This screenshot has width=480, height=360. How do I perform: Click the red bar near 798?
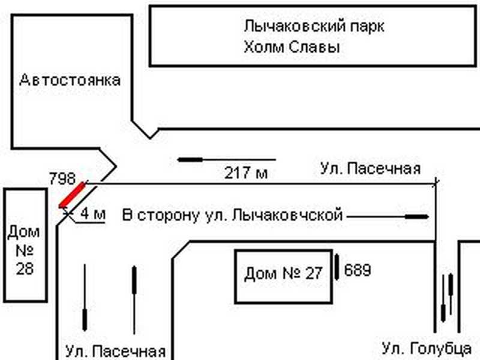click(x=71, y=196)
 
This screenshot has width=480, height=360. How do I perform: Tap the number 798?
click(x=62, y=178)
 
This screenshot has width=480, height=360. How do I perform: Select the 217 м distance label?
click(x=246, y=174)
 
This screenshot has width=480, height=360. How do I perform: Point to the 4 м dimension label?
click(x=92, y=214)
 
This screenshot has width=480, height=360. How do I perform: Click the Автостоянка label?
click(x=70, y=80)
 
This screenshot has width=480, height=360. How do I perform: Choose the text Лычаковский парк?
click(x=314, y=26)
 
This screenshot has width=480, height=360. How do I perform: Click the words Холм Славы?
click(x=292, y=47)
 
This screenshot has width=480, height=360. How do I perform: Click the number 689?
click(x=358, y=271)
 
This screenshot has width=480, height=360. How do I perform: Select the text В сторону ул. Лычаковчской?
click(x=232, y=215)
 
